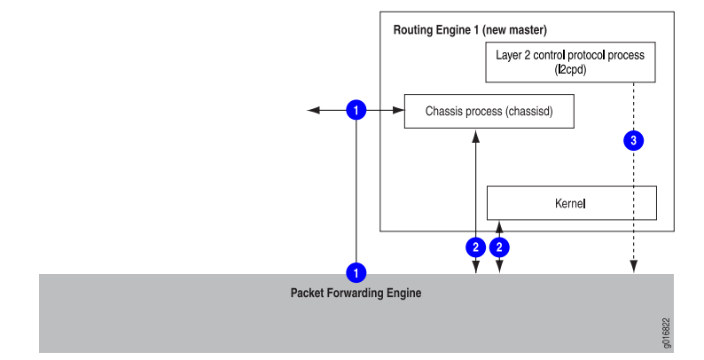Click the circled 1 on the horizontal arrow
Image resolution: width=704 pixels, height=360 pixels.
[356, 110]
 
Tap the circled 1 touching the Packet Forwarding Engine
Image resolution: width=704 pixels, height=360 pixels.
[356, 272]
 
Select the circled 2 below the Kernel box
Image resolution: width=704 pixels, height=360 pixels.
[499, 247]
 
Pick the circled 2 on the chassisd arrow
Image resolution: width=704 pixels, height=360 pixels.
[476, 247]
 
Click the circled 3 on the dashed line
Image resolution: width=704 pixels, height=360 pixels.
[633, 140]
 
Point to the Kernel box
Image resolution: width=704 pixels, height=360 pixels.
[572, 203]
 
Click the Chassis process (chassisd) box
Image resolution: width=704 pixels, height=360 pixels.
[489, 112]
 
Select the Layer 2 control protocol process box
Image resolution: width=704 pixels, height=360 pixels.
[570, 62]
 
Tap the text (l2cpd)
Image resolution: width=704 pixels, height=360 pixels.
[570, 69]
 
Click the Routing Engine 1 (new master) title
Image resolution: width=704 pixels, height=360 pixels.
[470, 30]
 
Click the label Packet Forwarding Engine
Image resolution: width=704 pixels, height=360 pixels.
[356, 293]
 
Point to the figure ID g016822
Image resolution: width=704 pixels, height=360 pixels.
[667, 333]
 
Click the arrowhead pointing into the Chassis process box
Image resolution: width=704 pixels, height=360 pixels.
[399, 110]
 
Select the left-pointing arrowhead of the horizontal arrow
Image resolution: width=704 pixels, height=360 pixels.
[313, 110]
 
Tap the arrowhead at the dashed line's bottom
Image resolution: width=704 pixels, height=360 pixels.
[633, 267]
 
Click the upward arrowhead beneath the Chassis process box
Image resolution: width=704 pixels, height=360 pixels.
[476, 137]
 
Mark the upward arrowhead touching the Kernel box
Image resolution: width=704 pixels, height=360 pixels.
[499, 226]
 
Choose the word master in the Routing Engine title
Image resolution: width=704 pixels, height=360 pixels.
[528, 30]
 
